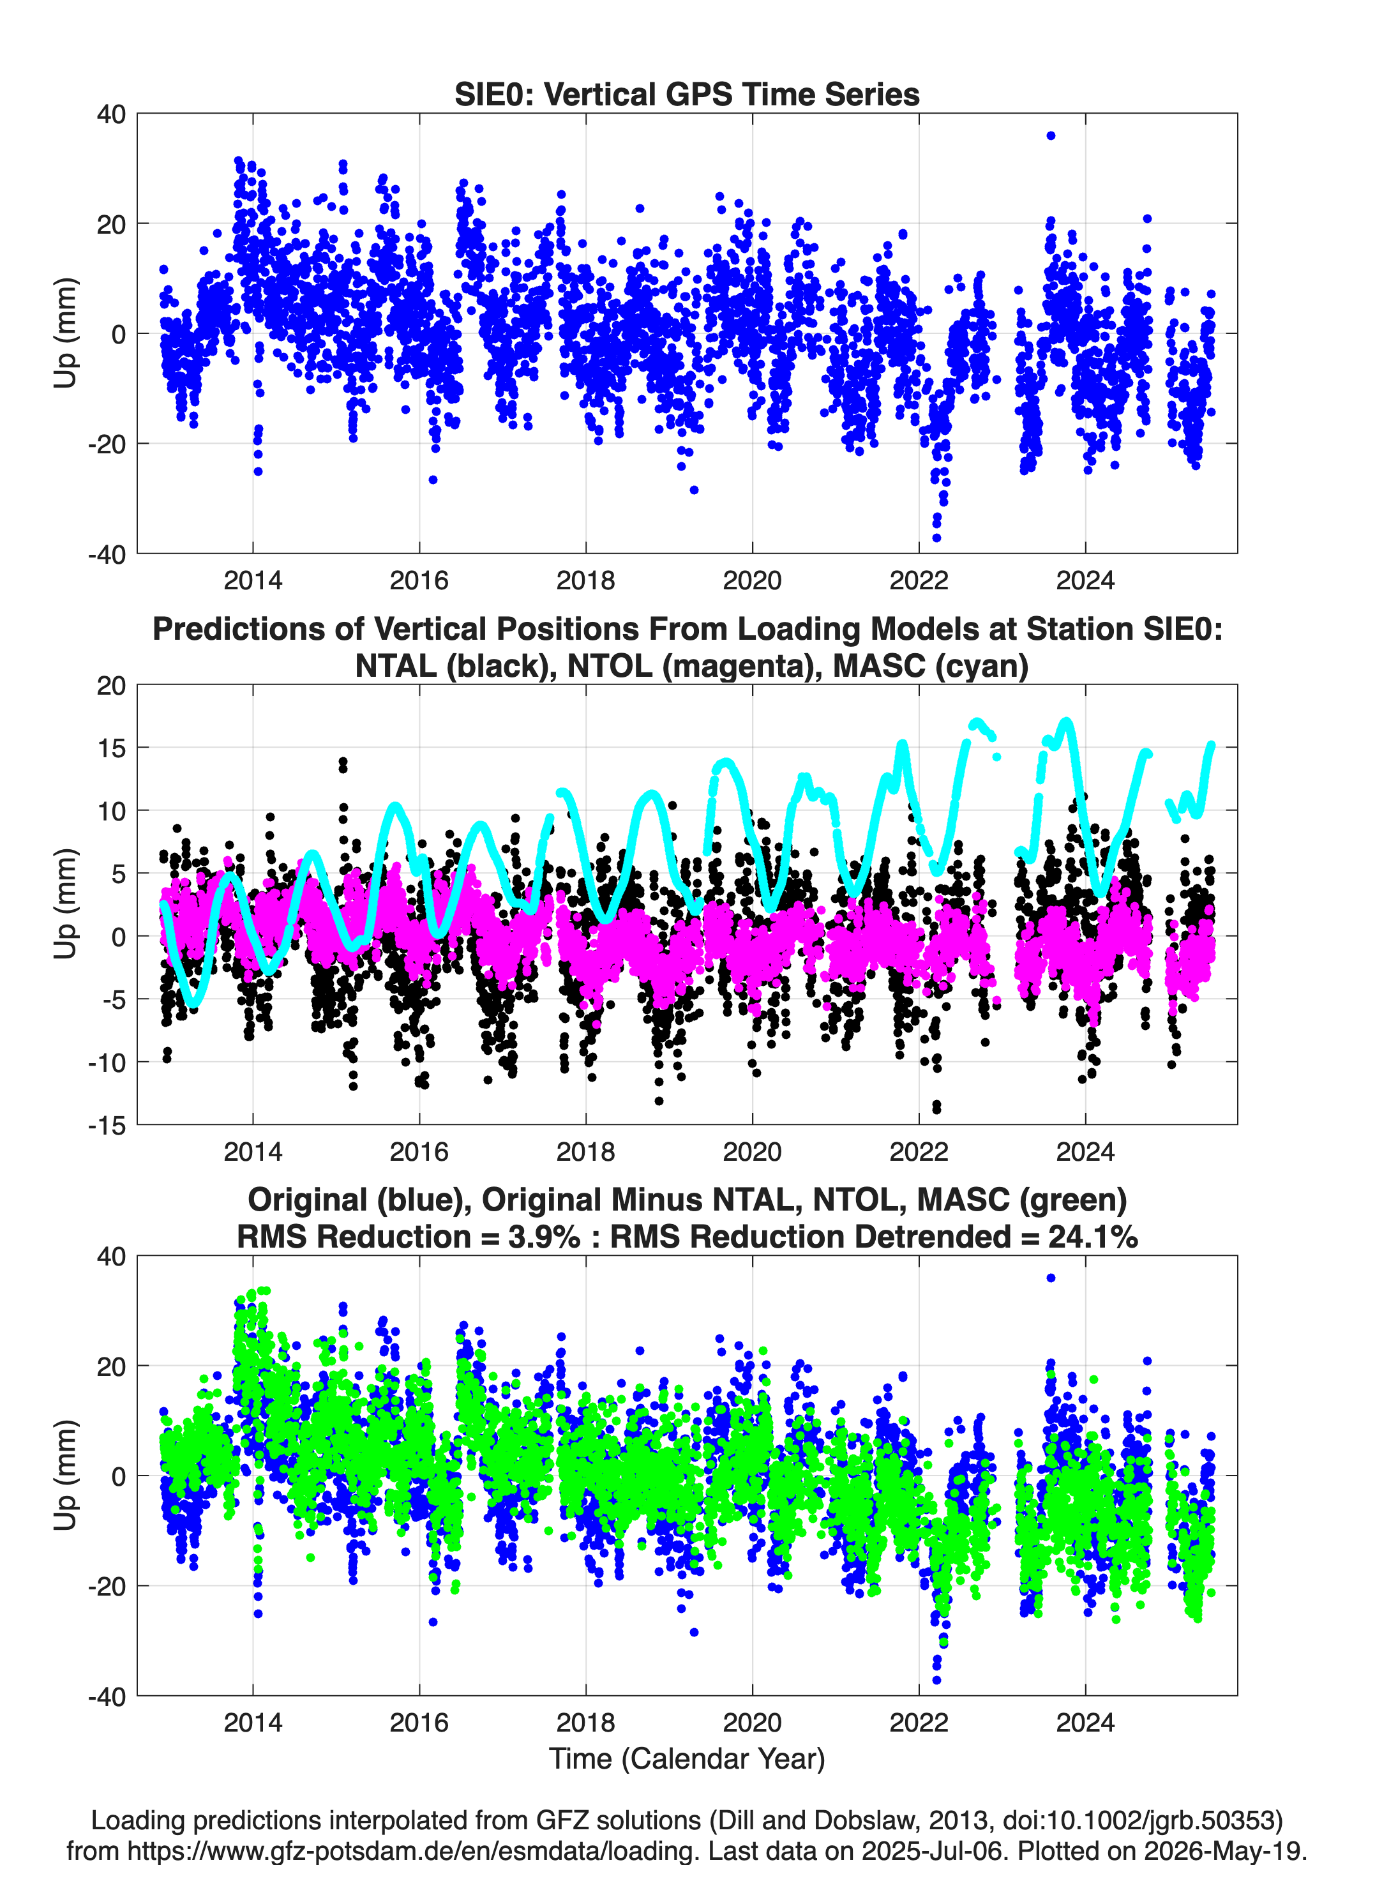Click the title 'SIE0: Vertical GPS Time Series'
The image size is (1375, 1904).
pyautogui.click(x=687, y=94)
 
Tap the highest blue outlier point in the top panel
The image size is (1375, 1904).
pyautogui.click(x=1050, y=135)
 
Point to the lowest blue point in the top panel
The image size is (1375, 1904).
pyautogui.click(x=937, y=538)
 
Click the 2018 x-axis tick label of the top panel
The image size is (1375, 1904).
pyautogui.click(x=585, y=580)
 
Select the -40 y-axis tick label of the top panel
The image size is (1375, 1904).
pyautogui.click(x=107, y=554)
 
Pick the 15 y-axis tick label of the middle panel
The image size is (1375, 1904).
pyautogui.click(x=112, y=747)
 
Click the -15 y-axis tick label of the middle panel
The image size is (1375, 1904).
pyautogui.click(x=107, y=1125)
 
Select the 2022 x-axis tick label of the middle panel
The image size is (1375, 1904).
pyautogui.click(x=919, y=1151)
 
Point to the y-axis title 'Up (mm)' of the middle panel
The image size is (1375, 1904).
pyautogui.click(x=66, y=904)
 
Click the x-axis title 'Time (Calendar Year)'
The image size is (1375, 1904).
pyautogui.click(x=687, y=1758)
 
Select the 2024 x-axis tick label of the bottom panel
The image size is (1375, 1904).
pyautogui.click(x=1085, y=1722)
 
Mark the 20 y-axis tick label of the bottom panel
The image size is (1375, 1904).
pyautogui.click(x=112, y=1366)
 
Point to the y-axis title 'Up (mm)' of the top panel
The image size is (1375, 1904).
pyautogui.click(x=66, y=333)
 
